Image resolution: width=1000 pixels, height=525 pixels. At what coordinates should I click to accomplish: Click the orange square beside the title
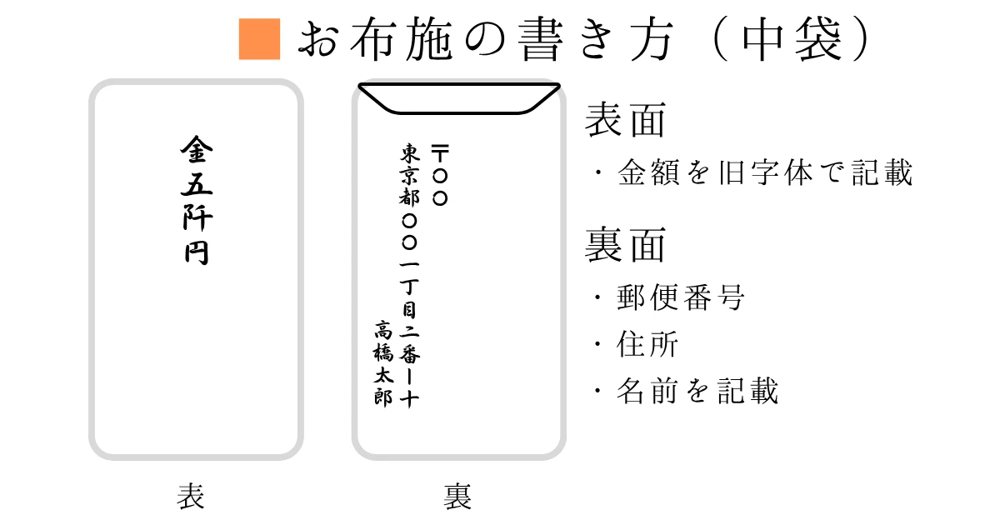tap(259, 39)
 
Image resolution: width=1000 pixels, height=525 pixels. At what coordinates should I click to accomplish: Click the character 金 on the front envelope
tap(197, 152)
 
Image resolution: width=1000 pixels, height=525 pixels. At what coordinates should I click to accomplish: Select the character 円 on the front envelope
tap(197, 252)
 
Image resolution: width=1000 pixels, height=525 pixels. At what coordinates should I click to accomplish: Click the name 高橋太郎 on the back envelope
tap(382, 362)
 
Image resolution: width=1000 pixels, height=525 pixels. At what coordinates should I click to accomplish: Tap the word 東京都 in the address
tap(409, 176)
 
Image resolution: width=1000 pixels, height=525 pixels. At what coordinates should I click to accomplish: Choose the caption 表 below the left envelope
tap(191, 497)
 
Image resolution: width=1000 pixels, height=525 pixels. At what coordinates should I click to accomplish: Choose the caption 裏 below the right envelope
tap(457, 497)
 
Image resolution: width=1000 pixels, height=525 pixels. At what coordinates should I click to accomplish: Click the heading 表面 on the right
tap(626, 121)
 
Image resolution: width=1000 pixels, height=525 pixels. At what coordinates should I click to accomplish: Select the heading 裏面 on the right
tap(626, 246)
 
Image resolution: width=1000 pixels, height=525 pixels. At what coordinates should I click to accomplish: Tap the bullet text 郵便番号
tap(680, 297)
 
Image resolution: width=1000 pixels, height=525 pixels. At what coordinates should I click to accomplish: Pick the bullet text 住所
tap(647, 344)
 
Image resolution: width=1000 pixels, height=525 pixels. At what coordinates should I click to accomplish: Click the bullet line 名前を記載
tap(697, 390)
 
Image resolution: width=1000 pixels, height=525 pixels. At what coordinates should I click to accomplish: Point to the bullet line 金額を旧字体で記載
tap(765, 172)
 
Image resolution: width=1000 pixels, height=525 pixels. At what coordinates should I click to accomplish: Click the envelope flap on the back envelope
tap(457, 98)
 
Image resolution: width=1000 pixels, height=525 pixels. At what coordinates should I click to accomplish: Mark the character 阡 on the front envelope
tap(197, 219)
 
